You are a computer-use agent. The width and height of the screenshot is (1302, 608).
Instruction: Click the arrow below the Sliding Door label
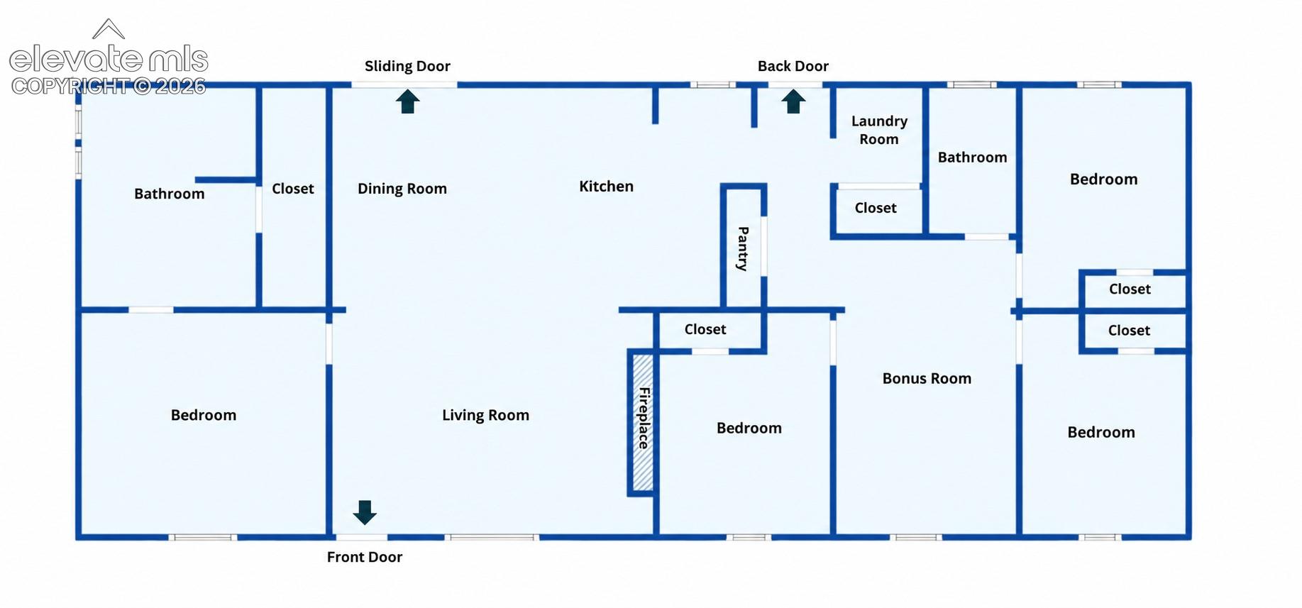(x=407, y=101)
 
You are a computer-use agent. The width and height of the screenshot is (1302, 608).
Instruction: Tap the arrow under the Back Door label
(x=793, y=101)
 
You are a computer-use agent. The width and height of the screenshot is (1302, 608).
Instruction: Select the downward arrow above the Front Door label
(x=365, y=512)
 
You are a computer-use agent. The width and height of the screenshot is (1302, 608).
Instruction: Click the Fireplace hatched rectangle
(x=643, y=422)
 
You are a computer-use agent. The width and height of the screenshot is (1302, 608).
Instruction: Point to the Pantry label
(x=743, y=248)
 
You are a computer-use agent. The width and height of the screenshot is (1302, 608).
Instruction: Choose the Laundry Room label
(x=879, y=130)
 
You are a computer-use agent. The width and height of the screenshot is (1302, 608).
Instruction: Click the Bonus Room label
(x=927, y=378)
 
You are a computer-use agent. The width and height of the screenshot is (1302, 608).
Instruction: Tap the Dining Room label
(x=402, y=189)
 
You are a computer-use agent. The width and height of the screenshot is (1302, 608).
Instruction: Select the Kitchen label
(x=606, y=186)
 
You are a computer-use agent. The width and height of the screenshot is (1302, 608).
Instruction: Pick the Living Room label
(x=485, y=415)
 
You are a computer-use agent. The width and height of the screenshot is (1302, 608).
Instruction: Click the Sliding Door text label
(x=407, y=66)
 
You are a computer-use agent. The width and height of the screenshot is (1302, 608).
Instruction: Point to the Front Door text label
(x=365, y=557)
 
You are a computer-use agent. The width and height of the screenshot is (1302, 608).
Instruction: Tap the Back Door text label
(x=793, y=66)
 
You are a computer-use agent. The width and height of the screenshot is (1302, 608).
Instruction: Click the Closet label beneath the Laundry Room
(x=876, y=208)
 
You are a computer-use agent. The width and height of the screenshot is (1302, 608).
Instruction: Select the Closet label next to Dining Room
(x=293, y=189)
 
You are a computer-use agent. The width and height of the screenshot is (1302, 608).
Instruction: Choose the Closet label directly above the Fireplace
(x=705, y=329)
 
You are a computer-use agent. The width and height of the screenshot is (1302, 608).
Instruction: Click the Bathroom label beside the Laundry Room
(x=972, y=157)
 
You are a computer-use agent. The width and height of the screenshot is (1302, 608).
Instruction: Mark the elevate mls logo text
(x=109, y=59)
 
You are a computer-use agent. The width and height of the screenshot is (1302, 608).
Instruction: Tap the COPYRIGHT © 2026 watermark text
(x=109, y=86)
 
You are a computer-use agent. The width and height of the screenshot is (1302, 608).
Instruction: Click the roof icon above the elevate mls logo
(x=109, y=28)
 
